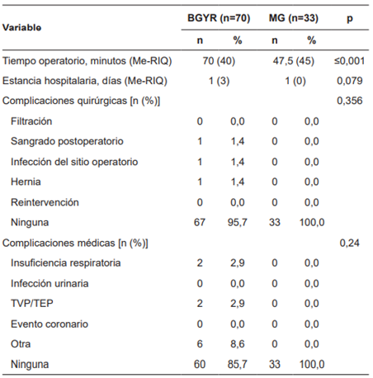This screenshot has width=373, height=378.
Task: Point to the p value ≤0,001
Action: click(350, 61)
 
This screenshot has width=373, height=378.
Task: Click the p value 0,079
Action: click(350, 81)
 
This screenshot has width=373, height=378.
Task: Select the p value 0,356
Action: click(350, 101)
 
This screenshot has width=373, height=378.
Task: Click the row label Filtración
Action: click(35, 121)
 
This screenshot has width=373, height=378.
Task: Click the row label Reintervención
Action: click(45, 201)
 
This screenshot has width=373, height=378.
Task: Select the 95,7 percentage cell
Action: click(236, 222)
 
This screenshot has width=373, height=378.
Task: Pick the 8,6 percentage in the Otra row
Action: click(236, 343)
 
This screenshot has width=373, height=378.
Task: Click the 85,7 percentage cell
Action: click(236, 364)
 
